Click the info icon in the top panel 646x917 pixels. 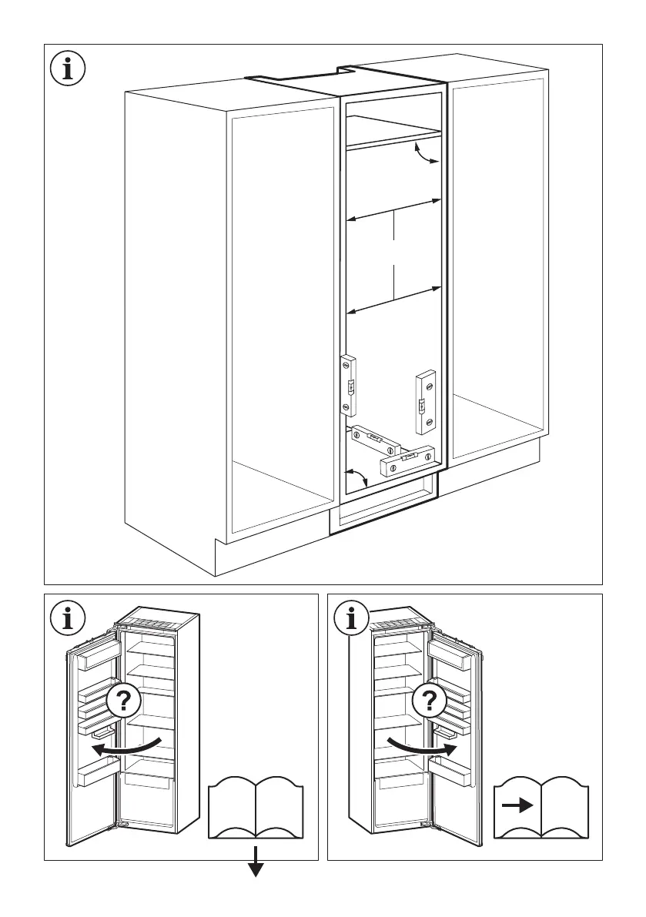click(x=69, y=69)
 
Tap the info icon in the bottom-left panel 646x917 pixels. click(x=69, y=617)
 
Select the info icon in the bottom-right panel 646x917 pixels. click(x=353, y=617)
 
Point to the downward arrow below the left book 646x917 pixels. click(x=256, y=867)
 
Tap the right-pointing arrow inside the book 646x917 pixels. click(x=517, y=806)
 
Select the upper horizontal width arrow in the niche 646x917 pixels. click(x=393, y=211)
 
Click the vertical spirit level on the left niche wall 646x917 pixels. click(x=348, y=385)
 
